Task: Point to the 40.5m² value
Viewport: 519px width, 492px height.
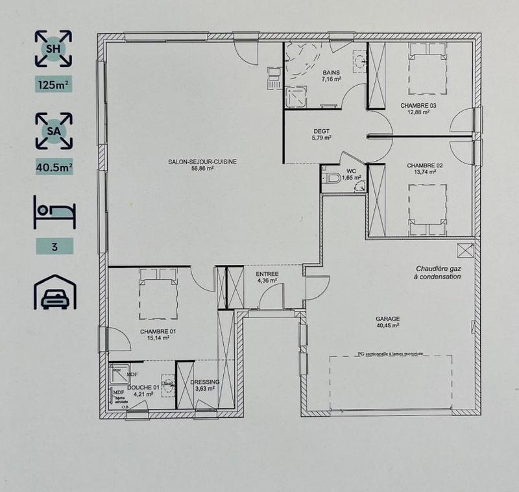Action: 54,167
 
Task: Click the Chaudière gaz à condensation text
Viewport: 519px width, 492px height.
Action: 438,273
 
